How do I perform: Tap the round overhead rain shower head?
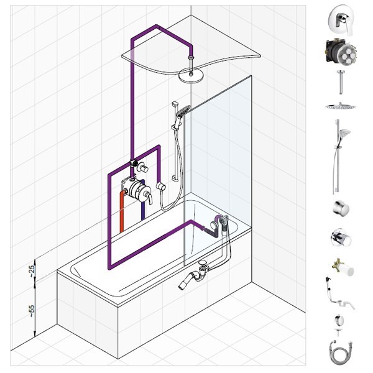[x=191, y=76]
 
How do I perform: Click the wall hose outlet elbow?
[x=160, y=186]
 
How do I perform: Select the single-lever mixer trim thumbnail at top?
[x=341, y=21]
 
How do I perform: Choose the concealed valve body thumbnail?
[x=341, y=52]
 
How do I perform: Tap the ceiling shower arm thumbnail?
[x=341, y=82]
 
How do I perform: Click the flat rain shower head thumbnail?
[x=341, y=106]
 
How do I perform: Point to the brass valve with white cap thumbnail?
[x=343, y=267]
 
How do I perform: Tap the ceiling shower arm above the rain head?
[x=191, y=65]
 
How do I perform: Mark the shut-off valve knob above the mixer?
[x=143, y=168]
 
